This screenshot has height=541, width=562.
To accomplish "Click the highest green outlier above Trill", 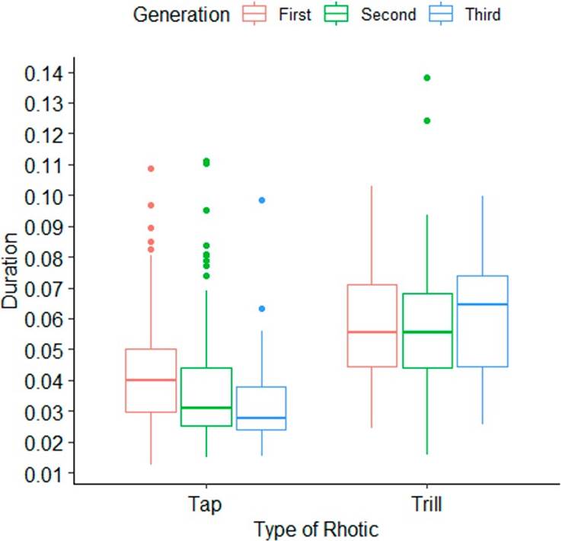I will coord(427,78).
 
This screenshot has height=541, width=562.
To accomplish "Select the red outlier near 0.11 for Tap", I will coord(151,168).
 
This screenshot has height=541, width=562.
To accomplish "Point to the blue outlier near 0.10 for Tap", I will coord(261,200).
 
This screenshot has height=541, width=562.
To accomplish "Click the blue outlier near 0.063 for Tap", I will coord(261,309).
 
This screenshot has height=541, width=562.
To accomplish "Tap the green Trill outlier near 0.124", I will coord(427,120).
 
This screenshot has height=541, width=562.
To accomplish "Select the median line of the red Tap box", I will coord(151,379).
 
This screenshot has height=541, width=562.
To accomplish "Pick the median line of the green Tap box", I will coord(206,408).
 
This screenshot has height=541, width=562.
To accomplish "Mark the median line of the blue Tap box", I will coord(261,418).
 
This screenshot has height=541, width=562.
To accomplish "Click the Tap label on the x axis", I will coord(206,504).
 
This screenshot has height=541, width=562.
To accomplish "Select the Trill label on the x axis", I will coord(427,504).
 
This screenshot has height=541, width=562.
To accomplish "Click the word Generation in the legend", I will coord(180,14).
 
